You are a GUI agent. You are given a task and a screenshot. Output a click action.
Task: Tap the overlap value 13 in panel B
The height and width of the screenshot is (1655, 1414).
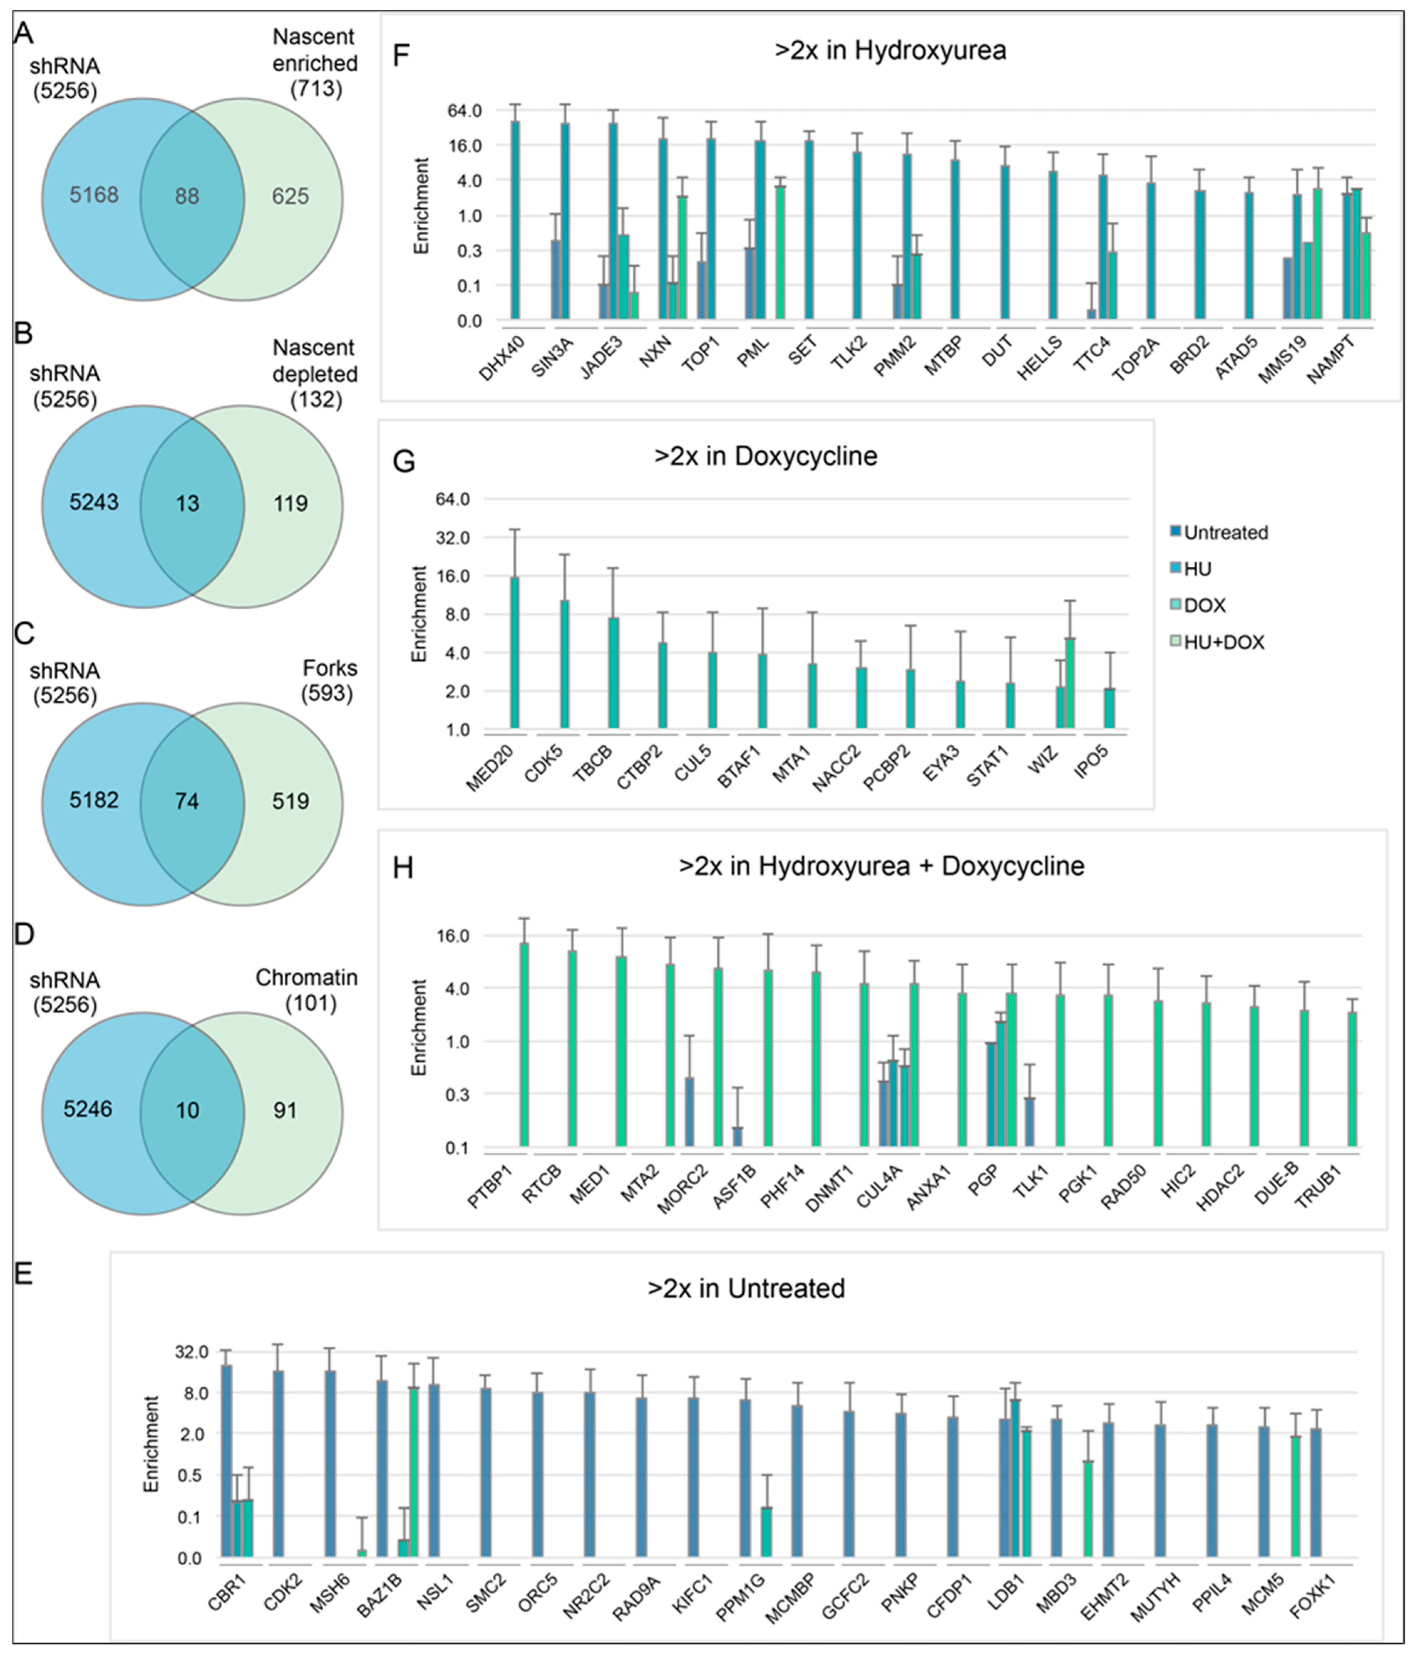tap(187, 503)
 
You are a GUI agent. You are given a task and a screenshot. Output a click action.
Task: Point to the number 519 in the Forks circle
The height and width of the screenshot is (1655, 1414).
tap(290, 801)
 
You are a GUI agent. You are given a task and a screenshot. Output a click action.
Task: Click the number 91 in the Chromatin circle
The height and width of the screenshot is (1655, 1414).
tap(285, 1110)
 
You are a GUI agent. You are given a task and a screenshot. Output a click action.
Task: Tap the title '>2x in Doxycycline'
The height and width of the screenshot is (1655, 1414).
tap(765, 456)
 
